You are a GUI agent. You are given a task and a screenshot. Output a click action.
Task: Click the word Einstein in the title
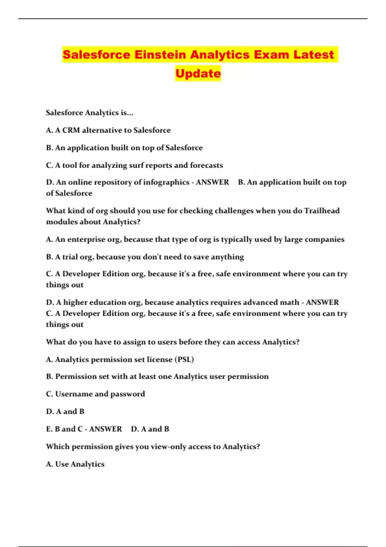pos(160,54)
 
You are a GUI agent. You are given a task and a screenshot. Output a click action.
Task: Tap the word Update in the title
pos(198,73)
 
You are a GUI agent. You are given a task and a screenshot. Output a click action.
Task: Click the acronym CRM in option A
pos(71,130)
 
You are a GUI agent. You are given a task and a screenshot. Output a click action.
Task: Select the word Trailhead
pos(322,211)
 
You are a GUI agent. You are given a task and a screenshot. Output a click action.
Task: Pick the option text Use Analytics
pos(80,464)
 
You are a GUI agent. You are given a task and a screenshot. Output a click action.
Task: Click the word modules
pos(61,222)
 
